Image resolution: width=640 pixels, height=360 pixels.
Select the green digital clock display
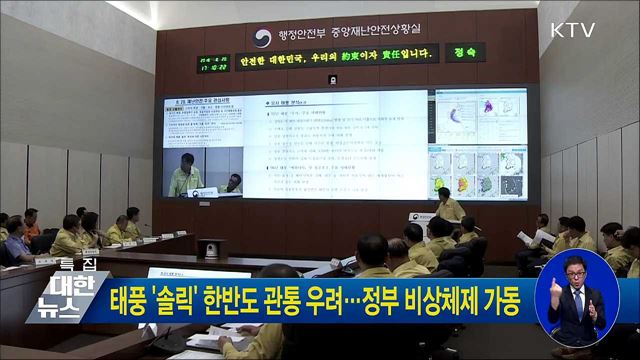(213, 63)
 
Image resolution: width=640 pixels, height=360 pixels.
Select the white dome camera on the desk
(211, 249)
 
